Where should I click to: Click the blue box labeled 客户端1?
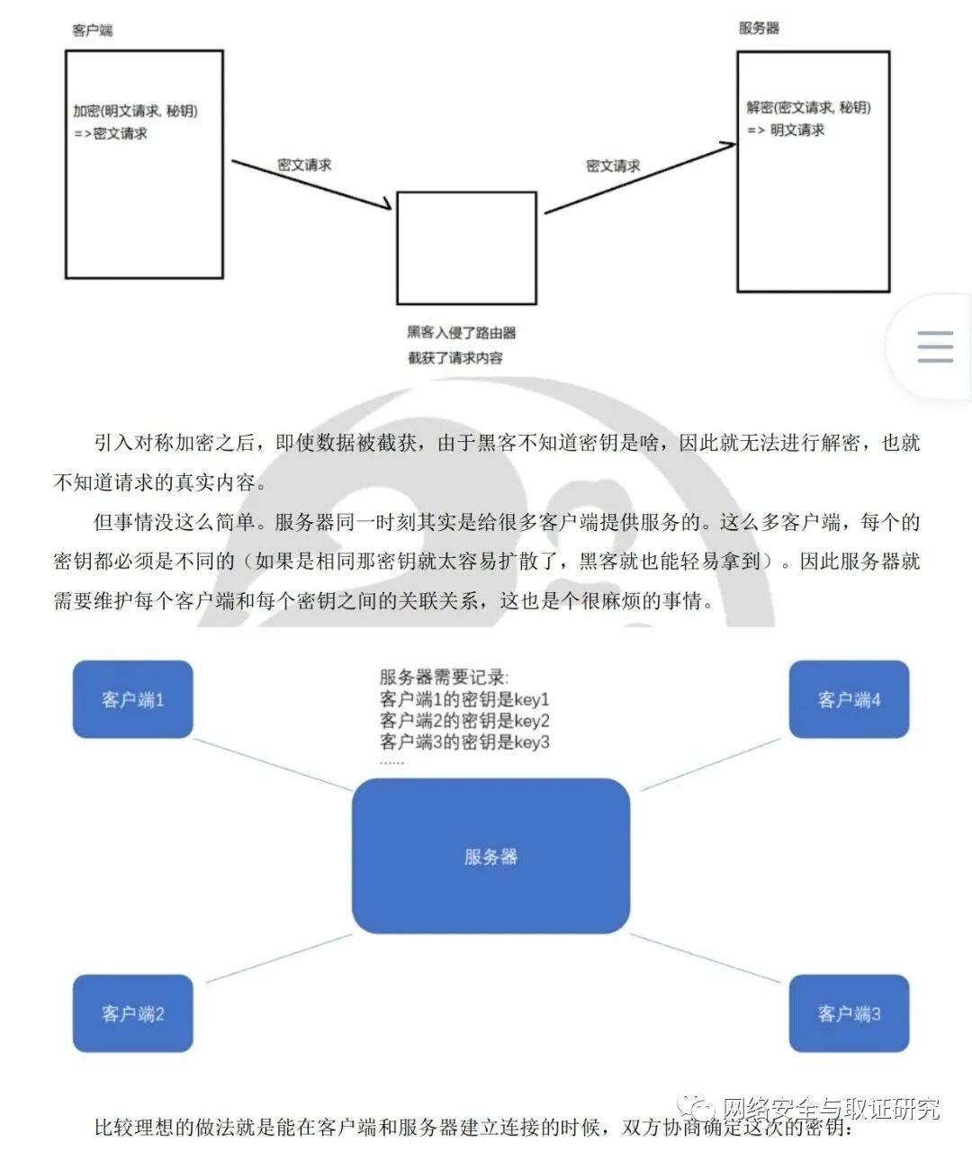pyautogui.click(x=132, y=699)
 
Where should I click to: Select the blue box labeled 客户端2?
pyautogui.click(x=132, y=1013)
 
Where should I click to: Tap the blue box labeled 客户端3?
pyautogui.click(x=849, y=1013)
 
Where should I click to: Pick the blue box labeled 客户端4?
pyautogui.click(x=849, y=699)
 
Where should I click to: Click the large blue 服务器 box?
pyautogui.click(x=490, y=856)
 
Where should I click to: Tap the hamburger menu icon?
pyautogui.click(x=935, y=346)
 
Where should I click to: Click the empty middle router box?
pyautogui.click(x=466, y=247)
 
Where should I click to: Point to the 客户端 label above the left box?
pyautogui.click(x=93, y=30)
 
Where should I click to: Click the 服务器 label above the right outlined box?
pyautogui.click(x=759, y=28)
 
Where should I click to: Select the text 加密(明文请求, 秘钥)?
pyautogui.click(x=135, y=111)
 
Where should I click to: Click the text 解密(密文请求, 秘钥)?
pyautogui.click(x=808, y=107)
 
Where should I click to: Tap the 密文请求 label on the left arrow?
pyautogui.click(x=304, y=165)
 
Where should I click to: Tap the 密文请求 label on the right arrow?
pyautogui.click(x=613, y=166)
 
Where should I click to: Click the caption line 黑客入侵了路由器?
pyautogui.click(x=462, y=332)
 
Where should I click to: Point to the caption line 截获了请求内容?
pyautogui.click(x=455, y=357)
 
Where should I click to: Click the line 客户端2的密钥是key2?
pyautogui.click(x=464, y=720)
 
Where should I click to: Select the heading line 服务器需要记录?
pyautogui.click(x=444, y=678)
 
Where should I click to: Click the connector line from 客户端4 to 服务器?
pyautogui.click(x=711, y=765)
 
